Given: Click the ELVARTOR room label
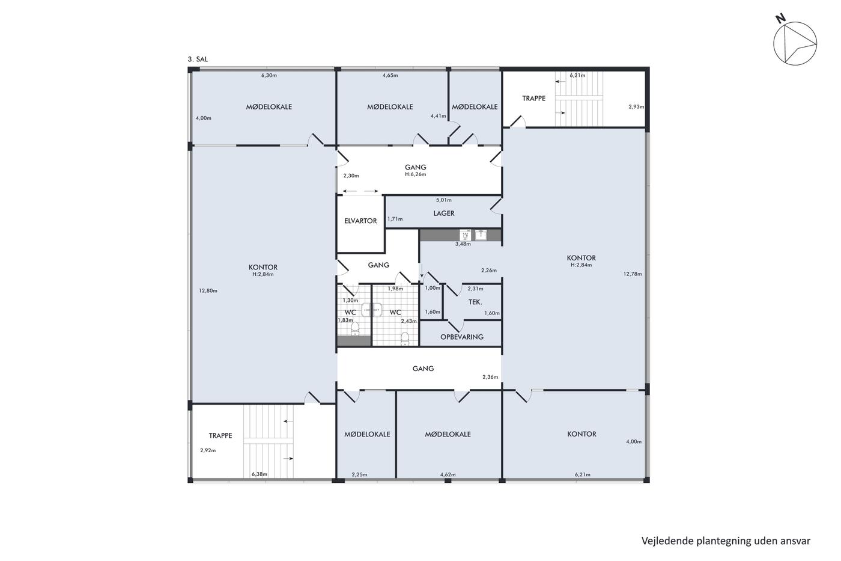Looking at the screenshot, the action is point(360,221).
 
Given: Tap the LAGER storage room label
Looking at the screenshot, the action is point(444,213).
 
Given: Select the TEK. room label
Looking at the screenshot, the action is point(475,302).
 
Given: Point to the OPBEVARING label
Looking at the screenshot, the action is point(462,337).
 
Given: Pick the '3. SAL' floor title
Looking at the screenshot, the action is point(198,60).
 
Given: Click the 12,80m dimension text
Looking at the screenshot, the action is point(208,291).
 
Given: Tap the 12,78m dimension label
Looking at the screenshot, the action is point(633,274).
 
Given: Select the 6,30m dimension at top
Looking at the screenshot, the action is point(269,75).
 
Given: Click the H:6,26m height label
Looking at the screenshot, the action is point(415,174).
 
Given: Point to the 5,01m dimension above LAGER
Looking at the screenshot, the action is point(444,200).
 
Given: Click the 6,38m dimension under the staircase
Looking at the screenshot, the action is point(260,474).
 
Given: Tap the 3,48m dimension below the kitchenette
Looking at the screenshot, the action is point(463,244).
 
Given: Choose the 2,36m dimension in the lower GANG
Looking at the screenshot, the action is point(490,377).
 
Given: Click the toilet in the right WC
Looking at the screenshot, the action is point(405,338).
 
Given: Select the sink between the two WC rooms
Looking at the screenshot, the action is point(372,310).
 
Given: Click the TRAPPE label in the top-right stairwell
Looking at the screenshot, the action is point(533,99).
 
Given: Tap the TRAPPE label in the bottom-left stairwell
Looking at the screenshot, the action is point(220,435).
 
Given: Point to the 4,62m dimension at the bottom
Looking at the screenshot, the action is point(448,474).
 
